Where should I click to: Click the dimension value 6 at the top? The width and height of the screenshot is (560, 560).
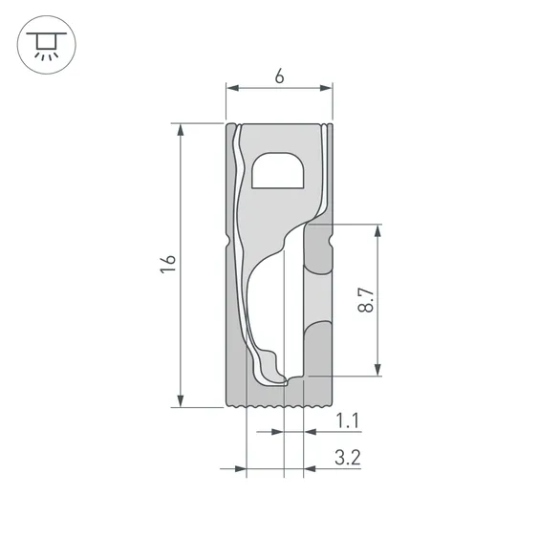point(279,76)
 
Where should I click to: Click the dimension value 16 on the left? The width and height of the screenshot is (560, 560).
point(168,265)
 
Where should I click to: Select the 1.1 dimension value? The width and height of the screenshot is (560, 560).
point(348,420)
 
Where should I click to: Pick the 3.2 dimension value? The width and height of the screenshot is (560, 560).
point(348,458)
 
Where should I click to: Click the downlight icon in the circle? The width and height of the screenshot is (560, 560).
point(47,45)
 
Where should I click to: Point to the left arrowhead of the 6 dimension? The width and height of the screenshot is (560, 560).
point(232,88)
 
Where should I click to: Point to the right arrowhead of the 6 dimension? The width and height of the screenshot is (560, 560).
point(326,88)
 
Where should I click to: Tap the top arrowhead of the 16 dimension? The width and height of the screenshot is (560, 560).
point(181,130)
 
